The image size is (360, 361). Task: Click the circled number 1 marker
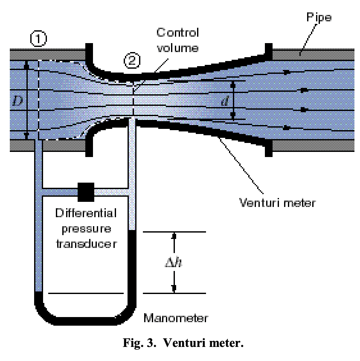pos(38,39)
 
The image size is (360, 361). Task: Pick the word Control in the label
pos(177,32)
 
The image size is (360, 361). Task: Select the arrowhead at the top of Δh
pos(174,236)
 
